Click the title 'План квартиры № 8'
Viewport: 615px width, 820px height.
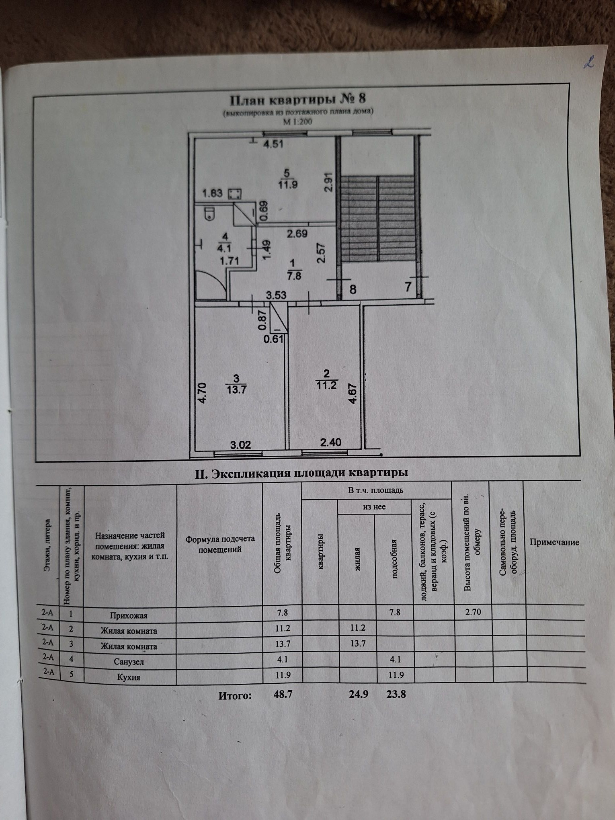(297, 98)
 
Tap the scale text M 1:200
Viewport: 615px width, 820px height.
(297, 121)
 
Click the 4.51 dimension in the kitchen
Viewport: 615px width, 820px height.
(273, 144)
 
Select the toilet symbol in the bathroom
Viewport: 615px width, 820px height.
(209, 213)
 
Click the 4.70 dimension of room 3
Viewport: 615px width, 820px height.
(202, 393)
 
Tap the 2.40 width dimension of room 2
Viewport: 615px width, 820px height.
(330, 443)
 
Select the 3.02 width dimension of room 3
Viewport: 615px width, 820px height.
(240, 445)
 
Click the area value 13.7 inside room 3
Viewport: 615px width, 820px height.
(236, 389)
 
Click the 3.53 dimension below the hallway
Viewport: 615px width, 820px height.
(276, 295)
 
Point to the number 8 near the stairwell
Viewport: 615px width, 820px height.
(353, 289)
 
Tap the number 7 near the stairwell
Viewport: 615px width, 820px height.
(408, 287)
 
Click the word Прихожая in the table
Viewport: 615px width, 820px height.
(129, 615)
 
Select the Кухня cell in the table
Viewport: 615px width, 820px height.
(129, 677)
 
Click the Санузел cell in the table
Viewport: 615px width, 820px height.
(129, 662)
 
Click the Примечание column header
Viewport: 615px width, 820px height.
(554, 542)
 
